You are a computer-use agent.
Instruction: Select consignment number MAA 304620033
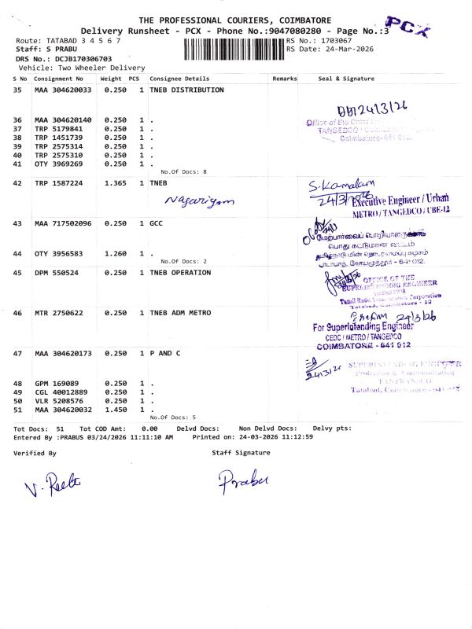pos(63,90)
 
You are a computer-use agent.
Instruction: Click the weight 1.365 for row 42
pos(115,182)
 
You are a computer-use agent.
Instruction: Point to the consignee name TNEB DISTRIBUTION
pos(186,90)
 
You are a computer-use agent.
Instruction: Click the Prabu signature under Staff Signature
pos(243,480)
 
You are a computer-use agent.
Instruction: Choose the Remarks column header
pos(284,79)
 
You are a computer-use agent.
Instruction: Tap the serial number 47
pos(18,354)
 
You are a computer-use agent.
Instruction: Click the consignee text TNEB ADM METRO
pos(180,313)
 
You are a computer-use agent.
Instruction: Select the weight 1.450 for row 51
pos(115,410)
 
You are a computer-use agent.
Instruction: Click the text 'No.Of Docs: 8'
pos(183,171)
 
